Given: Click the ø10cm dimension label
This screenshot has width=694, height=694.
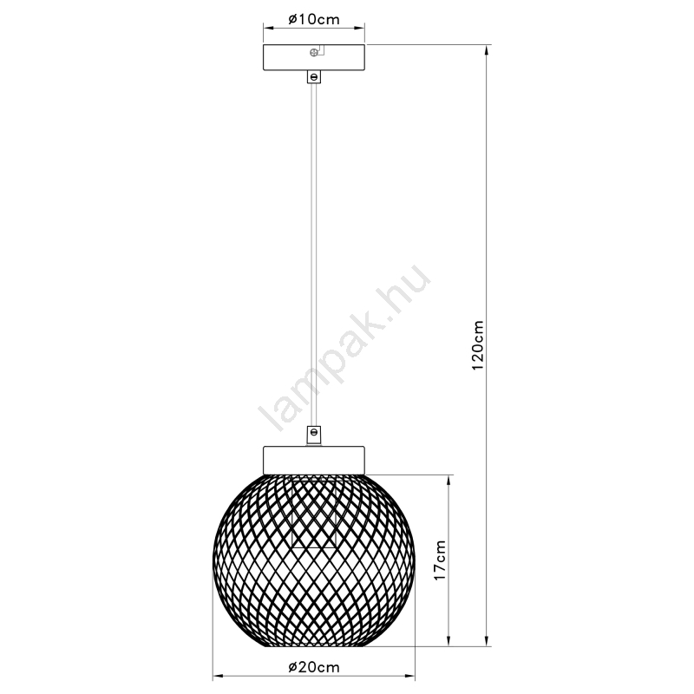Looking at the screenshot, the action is tap(314, 19).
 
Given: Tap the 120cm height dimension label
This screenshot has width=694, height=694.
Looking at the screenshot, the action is tap(478, 345).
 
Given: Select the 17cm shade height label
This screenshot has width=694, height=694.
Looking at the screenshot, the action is tap(440, 560).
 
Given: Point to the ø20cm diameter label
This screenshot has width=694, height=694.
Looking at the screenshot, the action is tap(314, 667).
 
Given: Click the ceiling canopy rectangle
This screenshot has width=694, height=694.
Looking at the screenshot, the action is tap(314, 57).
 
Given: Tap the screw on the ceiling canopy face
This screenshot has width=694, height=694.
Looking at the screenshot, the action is tap(314, 52).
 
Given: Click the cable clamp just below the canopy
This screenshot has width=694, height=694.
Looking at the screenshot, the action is tap(314, 77).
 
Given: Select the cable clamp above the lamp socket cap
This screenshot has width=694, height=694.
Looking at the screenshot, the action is tap(314, 435).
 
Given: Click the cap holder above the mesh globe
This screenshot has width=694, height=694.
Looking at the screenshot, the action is tap(314, 461).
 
